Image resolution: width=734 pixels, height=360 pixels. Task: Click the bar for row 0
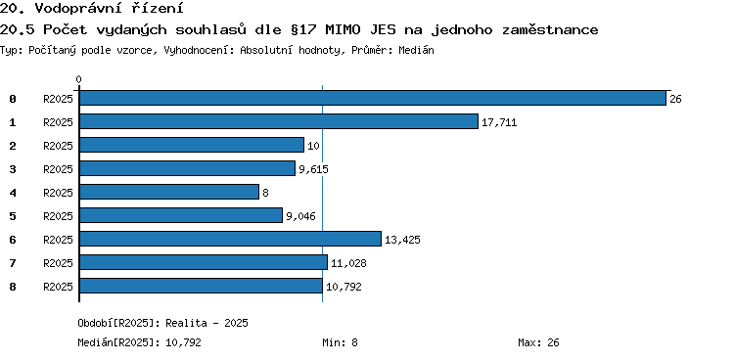pyautogui.click(x=373, y=98)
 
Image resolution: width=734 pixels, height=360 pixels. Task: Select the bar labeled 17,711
pyautogui.click(x=279, y=121)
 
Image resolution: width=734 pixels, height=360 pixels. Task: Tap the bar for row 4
pyautogui.click(x=169, y=192)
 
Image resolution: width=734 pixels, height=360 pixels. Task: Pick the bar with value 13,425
pyautogui.click(x=230, y=239)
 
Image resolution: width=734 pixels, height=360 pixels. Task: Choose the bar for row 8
pyautogui.click(x=201, y=286)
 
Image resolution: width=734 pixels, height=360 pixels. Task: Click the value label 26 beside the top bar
pyautogui.click(x=675, y=99)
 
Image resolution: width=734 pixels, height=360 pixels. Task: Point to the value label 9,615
pyautogui.click(x=313, y=169)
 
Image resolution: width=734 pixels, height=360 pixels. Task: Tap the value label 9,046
pyautogui.click(x=300, y=216)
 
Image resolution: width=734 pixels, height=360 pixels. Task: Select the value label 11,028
pyautogui.click(x=348, y=263)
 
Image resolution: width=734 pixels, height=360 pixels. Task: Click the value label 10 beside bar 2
pyautogui.click(x=313, y=146)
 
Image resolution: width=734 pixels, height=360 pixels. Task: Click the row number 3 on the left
pyautogui.click(x=13, y=169)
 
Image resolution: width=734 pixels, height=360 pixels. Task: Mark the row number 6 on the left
pyautogui.click(x=13, y=240)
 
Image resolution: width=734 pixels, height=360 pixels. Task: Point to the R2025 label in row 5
pyautogui.click(x=58, y=216)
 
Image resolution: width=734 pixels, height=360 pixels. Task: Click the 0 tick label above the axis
pyautogui.click(x=78, y=79)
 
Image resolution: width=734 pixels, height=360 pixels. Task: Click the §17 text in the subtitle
pyautogui.click(x=301, y=30)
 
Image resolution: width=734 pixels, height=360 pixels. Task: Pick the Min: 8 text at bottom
pyautogui.click(x=340, y=342)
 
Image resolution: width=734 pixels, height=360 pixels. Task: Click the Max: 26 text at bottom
pyautogui.click(x=538, y=342)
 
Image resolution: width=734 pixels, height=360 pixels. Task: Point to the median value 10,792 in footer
pyautogui.click(x=184, y=343)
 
